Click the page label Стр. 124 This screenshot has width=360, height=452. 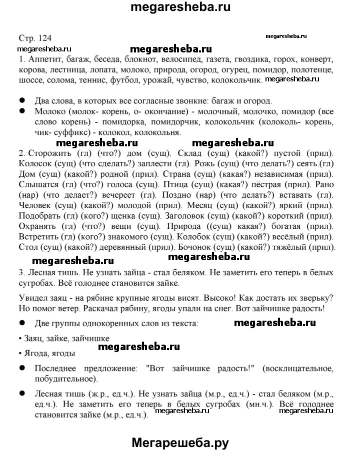(x=34, y=38)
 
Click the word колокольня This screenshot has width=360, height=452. (x=158, y=132)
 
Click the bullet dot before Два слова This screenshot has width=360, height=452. (x=21, y=100)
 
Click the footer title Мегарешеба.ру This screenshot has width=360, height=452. (x=180, y=430)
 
